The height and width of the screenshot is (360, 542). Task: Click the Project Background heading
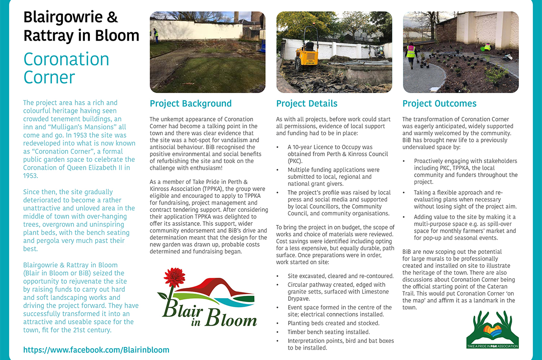click(x=191, y=103)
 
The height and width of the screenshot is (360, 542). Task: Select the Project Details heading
click(x=307, y=103)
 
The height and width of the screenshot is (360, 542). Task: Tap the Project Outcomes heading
click(x=439, y=103)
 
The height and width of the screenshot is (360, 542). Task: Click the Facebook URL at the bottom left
click(x=96, y=350)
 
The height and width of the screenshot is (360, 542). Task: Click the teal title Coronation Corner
click(x=66, y=68)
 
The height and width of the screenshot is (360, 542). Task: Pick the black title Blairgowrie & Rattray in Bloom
click(x=81, y=26)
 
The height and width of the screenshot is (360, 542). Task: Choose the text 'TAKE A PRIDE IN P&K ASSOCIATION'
click(x=493, y=346)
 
